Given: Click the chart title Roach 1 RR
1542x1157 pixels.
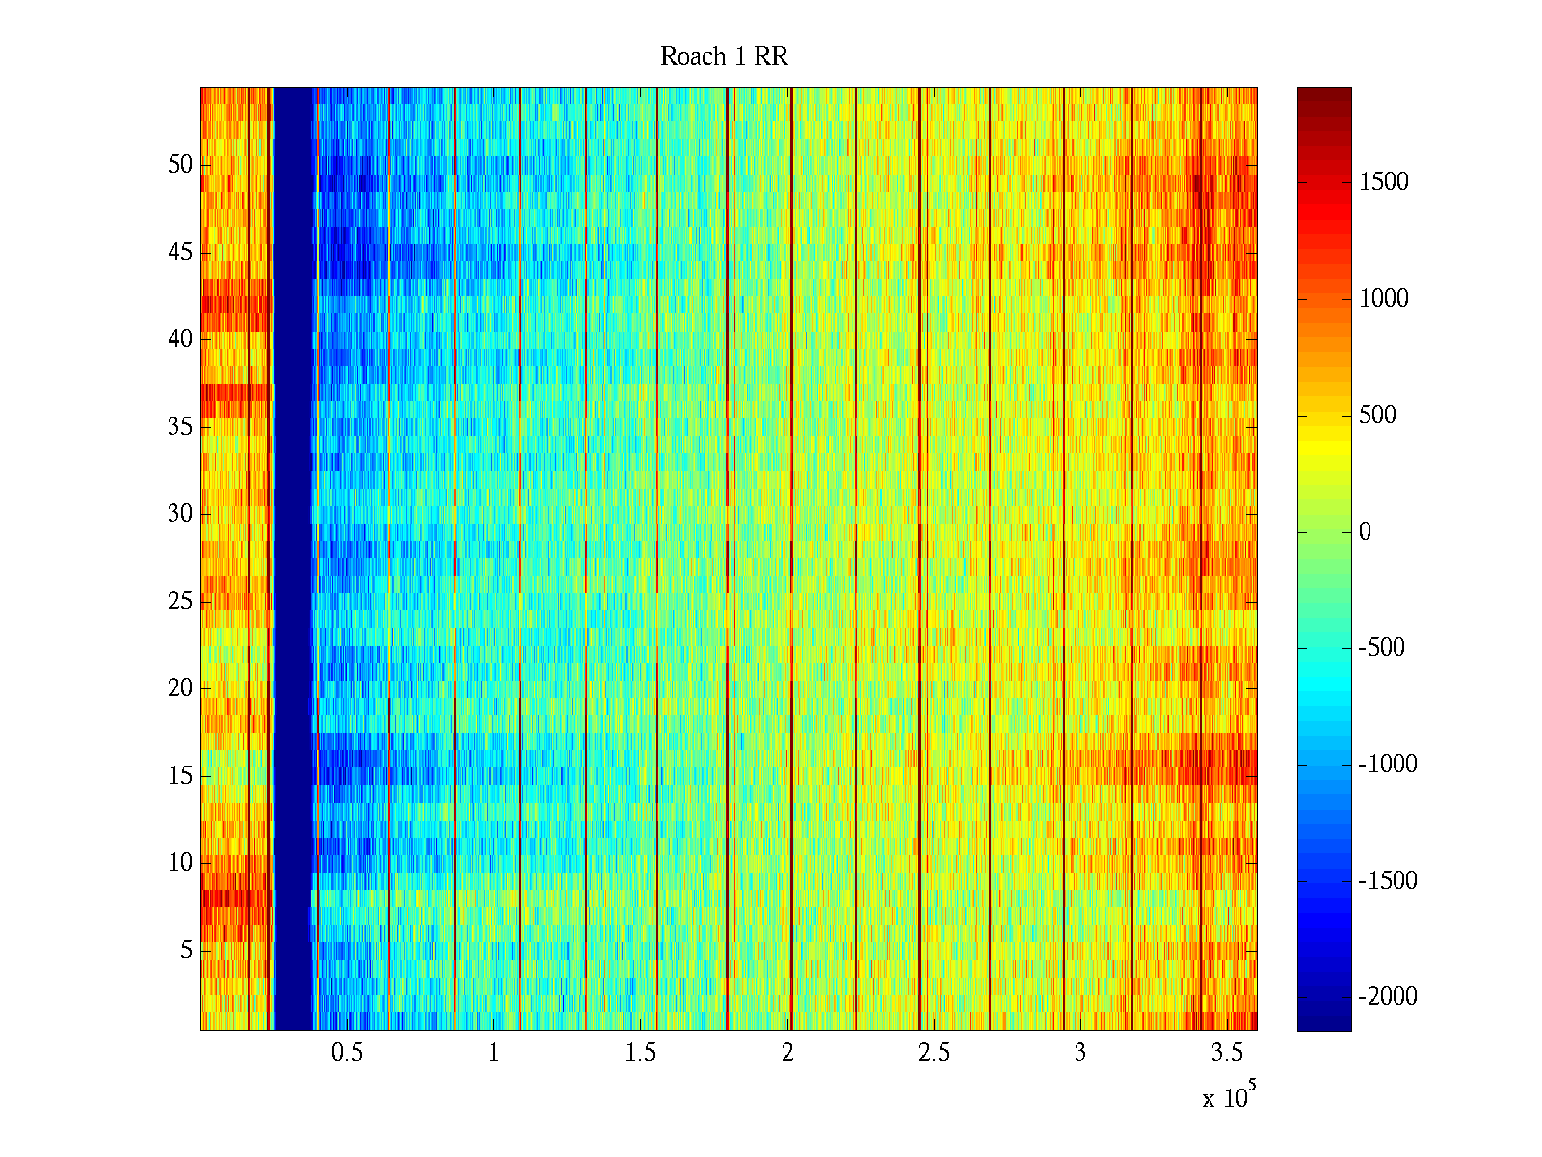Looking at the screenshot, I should click(x=724, y=57).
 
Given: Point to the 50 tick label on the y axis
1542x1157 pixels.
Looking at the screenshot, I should click(x=180, y=165).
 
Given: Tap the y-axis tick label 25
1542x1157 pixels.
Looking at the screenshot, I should click(x=180, y=602).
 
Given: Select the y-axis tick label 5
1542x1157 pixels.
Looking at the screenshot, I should click(x=186, y=951).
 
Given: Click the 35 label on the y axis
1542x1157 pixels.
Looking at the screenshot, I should click(x=180, y=427).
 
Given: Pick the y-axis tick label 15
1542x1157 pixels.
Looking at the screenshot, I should click(x=180, y=776).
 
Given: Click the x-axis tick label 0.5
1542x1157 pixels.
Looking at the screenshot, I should click(x=347, y=1053).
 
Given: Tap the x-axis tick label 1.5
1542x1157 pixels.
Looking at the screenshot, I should click(x=640, y=1053).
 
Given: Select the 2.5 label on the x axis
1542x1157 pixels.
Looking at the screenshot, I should click(x=934, y=1053).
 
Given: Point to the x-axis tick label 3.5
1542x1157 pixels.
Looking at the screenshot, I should click(x=1227, y=1053).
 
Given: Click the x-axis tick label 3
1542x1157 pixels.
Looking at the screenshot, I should click(x=1080, y=1053).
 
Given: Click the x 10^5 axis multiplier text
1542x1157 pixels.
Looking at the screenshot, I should click(x=1228, y=1097).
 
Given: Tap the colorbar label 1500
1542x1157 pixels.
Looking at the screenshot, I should click(x=1384, y=182).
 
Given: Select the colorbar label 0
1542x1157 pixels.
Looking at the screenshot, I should click(x=1365, y=532).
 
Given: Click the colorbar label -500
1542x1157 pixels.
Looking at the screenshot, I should click(x=1381, y=648).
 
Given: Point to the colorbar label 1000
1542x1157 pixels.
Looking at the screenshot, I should click(x=1384, y=299).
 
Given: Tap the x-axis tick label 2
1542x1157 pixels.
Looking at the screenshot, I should click(x=787, y=1053).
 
